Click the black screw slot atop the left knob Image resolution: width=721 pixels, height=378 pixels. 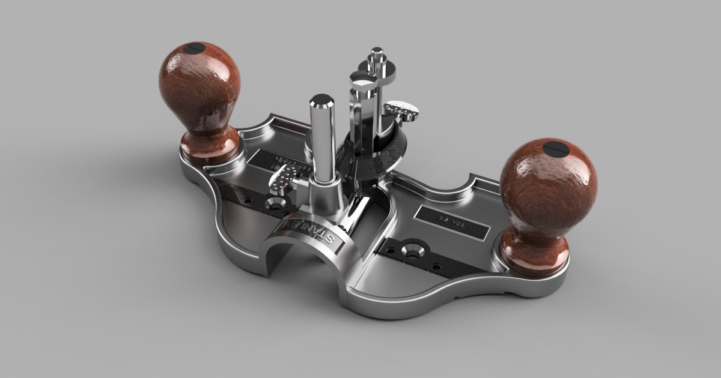pos(197,50)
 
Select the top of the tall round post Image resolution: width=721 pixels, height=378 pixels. pos(323,101)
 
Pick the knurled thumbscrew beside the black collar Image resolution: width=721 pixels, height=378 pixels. pos(401,110)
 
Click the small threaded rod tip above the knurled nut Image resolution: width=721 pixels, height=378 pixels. pos(377,52)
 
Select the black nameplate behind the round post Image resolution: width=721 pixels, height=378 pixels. pos(282,162)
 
